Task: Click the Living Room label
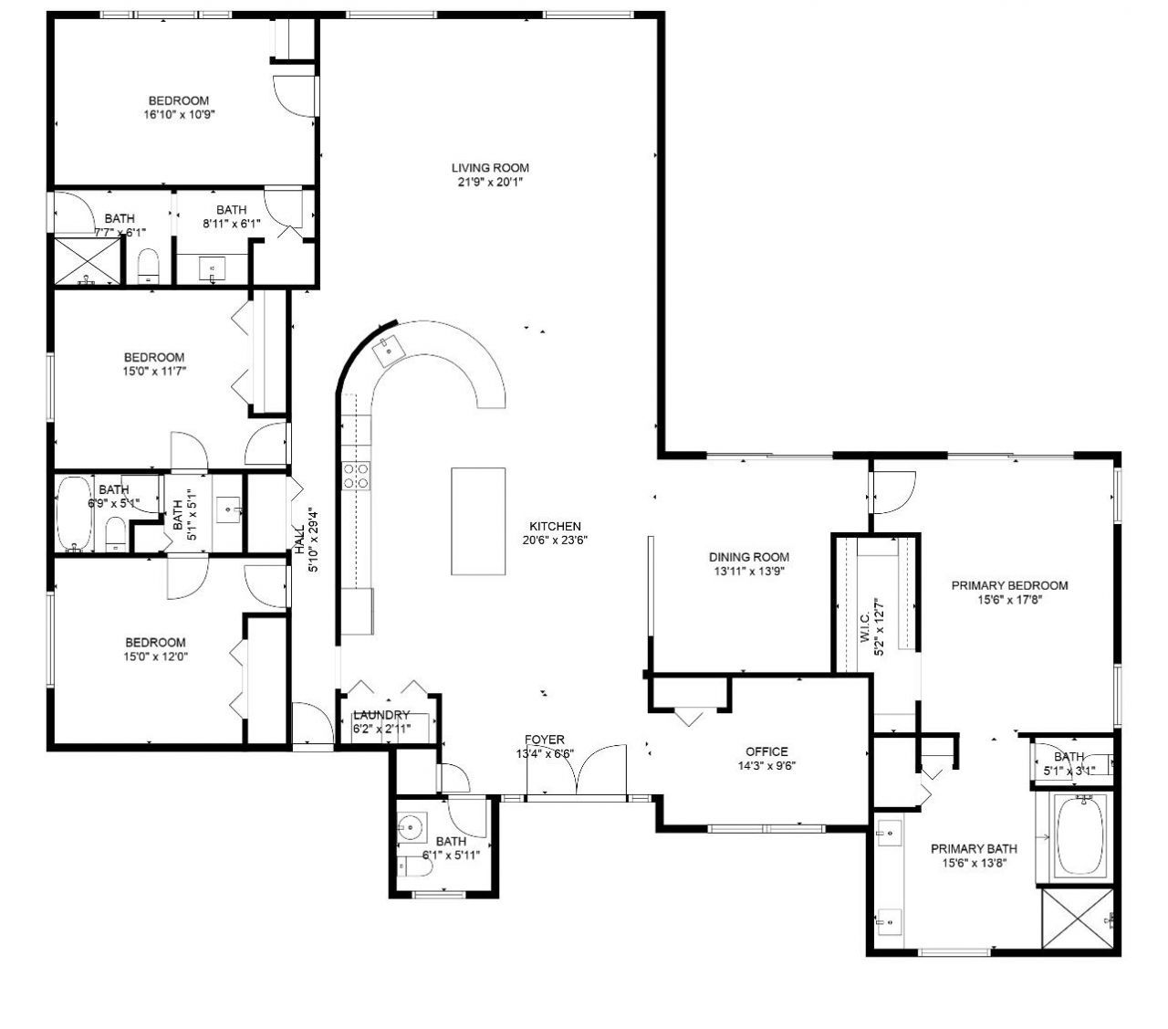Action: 490,168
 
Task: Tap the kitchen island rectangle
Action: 478,521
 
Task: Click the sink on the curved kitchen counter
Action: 391,347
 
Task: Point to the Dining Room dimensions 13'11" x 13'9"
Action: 748,572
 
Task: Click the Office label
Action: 766,751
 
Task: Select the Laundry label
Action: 381,715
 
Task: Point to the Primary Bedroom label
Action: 1009,585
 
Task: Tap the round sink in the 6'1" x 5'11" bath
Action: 411,829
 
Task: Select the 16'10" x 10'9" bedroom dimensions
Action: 179,115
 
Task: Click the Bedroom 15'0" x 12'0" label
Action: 155,643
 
